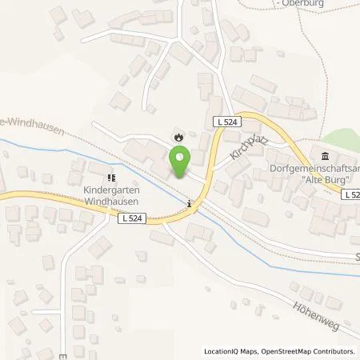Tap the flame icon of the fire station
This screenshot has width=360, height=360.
point(178,137)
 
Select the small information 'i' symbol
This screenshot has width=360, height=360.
point(189,203)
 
